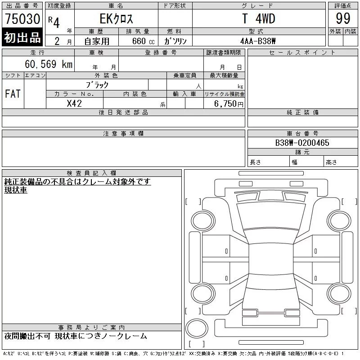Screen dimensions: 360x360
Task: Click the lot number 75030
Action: tap(22, 19)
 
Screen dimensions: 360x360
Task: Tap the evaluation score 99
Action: tap(343, 18)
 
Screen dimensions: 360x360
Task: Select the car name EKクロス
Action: tap(116, 18)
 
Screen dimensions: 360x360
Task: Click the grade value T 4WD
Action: tap(259, 18)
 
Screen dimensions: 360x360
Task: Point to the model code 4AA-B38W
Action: tap(258, 41)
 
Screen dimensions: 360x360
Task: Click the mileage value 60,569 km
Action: tap(49, 64)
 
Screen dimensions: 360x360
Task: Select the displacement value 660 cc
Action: tap(143, 41)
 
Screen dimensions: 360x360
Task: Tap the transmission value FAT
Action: tap(13, 94)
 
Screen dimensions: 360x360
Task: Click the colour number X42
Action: tap(74, 103)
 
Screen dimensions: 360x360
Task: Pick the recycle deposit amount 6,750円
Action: tap(229, 104)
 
